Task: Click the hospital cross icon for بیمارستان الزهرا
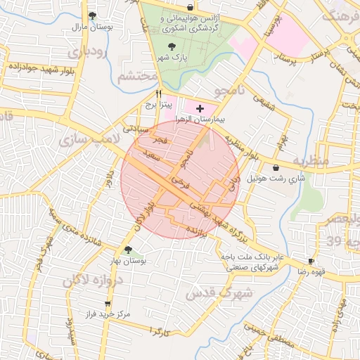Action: [x=200, y=109]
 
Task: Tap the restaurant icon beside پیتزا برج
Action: [x=159, y=94]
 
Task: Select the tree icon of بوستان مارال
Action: [x=92, y=15]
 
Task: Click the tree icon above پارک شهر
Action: [x=172, y=46]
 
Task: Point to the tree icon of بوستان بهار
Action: [x=127, y=249]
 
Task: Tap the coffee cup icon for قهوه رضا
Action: [x=311, y=259]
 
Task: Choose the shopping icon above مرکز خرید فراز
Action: [x=107, y=304]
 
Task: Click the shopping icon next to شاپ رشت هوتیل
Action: [x=275, y=167]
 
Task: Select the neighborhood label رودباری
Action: [x=88, y=52]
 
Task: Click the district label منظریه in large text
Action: [x=311, y=161]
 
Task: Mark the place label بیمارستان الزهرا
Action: [x=202, y=120]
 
